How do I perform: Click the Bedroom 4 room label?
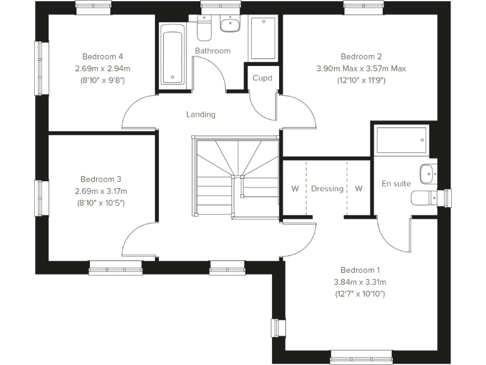pyautogui.click(x=103, y=56)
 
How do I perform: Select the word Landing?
pyautogui.click(x=201, y=115)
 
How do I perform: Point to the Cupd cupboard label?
pyautogui.click(x=262, y=79)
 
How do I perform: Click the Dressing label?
pyautogui.click(x=327, y=189)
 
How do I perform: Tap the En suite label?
pyautogui.click(x=396, y=184)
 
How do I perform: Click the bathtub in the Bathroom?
pyautogui.click(x=171, y=54)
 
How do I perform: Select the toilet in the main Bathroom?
pyautogui.click(x=204, y=29)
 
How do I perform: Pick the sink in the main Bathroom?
pyautogui.click(x=229, y=25)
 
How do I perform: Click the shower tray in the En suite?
pyautogui.click(x=401, y=140)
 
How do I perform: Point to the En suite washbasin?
pyautogui.click(x=428, y=172)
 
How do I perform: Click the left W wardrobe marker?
pyautogui.click(x=294, y=189)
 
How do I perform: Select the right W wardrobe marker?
pyautogui.click(x=359, y=189)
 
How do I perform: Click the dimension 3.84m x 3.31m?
pyautogui.click(x=359, y=282)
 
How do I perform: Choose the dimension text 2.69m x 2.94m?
pyautogui.click(x=103, y=68)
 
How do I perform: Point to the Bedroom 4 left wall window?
pyautogui.click(x=42, y=60)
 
